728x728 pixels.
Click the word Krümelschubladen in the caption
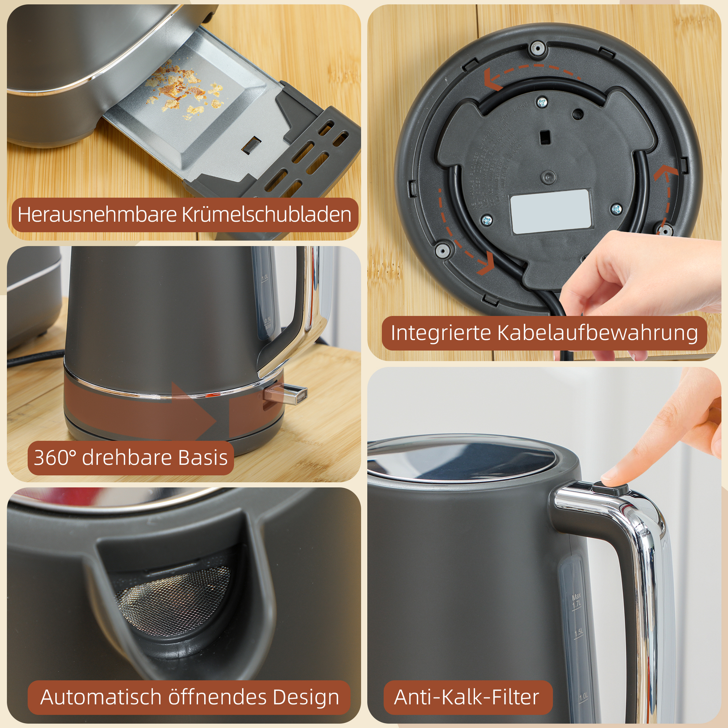coord(266,215)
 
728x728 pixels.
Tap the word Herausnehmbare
coord(97,215)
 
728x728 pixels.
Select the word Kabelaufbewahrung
coord(597,333)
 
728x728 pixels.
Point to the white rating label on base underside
coord(550,211)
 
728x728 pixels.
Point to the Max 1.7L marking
coord(577,601)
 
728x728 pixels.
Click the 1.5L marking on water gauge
coord(579,633)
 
